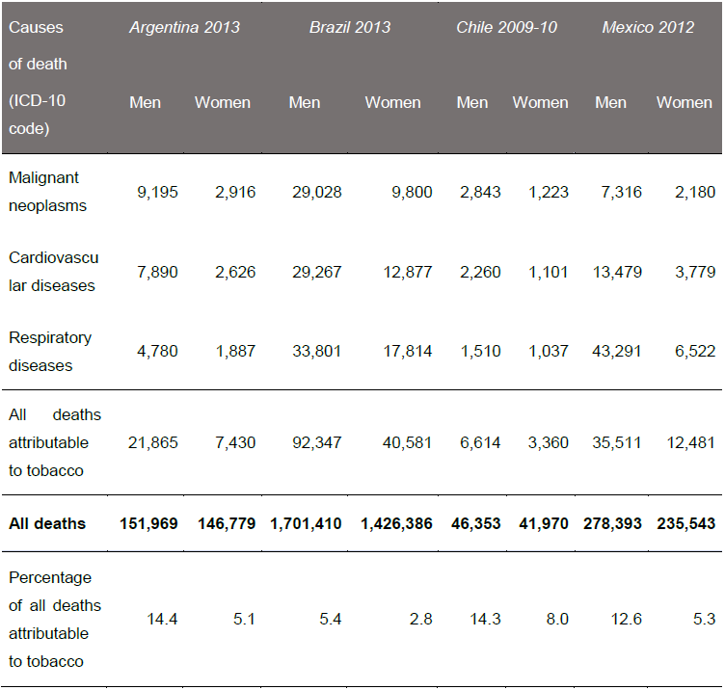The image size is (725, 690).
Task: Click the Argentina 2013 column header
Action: pos(184,27)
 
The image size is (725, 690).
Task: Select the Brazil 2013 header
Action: pos(350,27)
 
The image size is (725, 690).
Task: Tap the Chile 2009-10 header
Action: pos(506,27)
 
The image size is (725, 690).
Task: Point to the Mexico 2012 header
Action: pos(648,27)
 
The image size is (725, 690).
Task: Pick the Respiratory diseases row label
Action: pos(50,352)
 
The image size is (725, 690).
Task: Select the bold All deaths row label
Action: pos(47,524)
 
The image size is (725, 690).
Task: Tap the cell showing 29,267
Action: pos(317,272)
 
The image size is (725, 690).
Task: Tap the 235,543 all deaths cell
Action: pos(684,524)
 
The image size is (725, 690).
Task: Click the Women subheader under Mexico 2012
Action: pos(684,102)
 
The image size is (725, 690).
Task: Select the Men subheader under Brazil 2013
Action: pos(305,102)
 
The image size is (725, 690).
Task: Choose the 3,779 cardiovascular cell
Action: pos(693,272)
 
